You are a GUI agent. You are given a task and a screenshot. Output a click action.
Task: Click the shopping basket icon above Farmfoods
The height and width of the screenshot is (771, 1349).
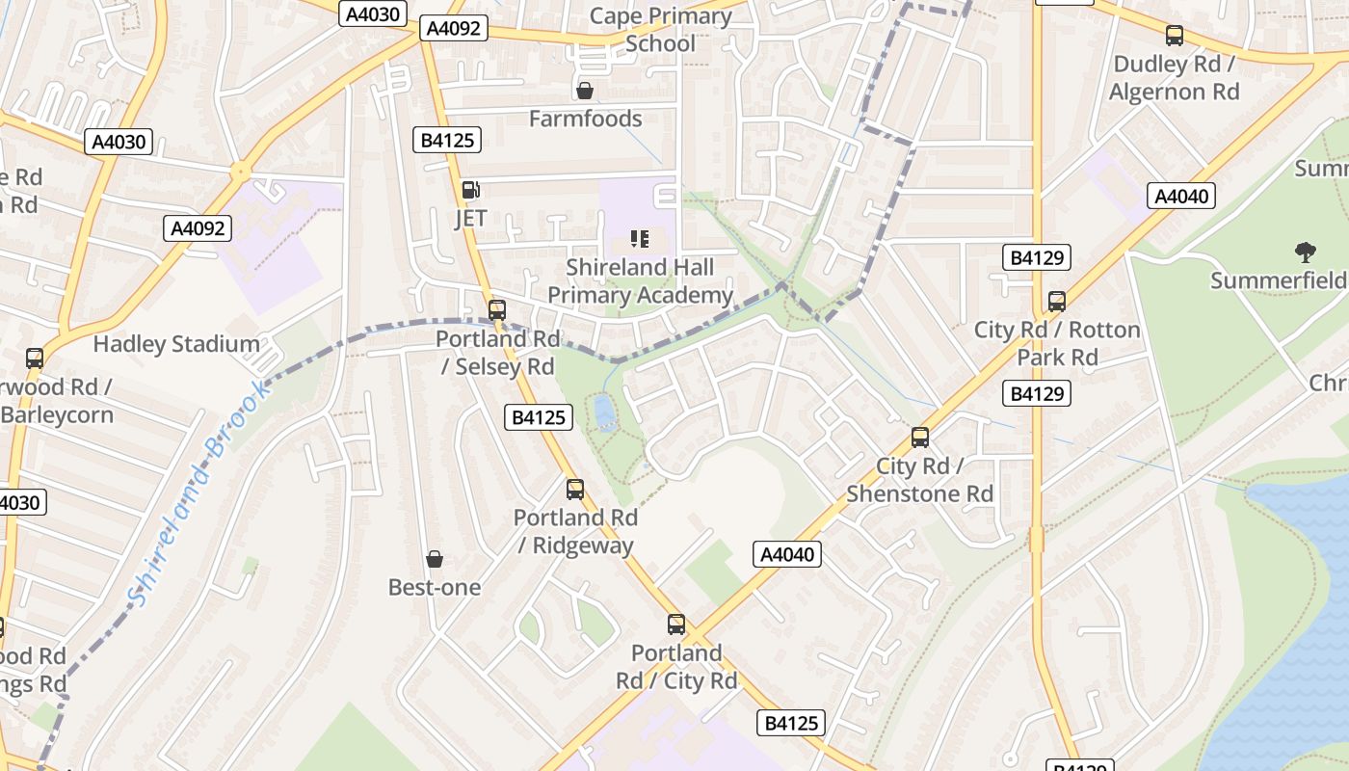point(584,91)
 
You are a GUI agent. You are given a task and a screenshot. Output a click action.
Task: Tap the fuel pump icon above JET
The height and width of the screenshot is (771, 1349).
point(470,190)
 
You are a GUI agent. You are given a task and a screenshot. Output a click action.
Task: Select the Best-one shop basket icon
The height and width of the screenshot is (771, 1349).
point(435,559)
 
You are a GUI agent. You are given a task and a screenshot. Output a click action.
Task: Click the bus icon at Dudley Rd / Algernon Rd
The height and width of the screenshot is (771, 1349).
point(1174,36)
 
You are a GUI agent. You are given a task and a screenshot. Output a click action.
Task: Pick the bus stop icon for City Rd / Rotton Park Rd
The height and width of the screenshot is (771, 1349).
point(1056,301)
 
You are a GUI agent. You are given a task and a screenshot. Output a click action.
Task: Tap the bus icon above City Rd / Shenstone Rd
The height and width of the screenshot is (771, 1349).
point(919,438)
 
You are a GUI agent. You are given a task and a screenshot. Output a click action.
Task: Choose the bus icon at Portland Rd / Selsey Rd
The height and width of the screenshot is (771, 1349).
point(496,310)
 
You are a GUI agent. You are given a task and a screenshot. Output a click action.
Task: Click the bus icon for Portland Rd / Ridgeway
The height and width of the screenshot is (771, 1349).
point(574,490)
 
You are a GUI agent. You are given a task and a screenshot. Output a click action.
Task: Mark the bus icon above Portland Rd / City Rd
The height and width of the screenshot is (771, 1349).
point(675,625)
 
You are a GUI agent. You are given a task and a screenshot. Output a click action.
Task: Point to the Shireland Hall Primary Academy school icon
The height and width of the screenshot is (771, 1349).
point(640,238)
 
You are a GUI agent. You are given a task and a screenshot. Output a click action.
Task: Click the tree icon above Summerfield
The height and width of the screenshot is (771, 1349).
point(1306,253)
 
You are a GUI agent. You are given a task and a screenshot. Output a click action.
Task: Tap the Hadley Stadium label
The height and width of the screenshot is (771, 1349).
point(176,344)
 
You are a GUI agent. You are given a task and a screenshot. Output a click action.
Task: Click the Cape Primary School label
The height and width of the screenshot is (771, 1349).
point(660,29)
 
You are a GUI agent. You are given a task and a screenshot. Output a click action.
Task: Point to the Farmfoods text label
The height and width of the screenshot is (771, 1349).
point(585,119)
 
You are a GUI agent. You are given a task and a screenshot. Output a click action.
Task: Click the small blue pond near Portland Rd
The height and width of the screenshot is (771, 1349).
point(604,412)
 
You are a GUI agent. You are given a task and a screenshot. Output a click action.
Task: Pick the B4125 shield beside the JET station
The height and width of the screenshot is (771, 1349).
point(448,140)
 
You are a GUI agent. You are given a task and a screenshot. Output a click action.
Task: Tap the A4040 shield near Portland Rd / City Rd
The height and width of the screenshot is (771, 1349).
point(786,554)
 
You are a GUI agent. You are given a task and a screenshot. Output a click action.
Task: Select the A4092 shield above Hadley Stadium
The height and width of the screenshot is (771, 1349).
point(198,228)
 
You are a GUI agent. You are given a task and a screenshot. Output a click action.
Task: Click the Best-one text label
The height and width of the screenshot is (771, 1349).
point(434,587)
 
